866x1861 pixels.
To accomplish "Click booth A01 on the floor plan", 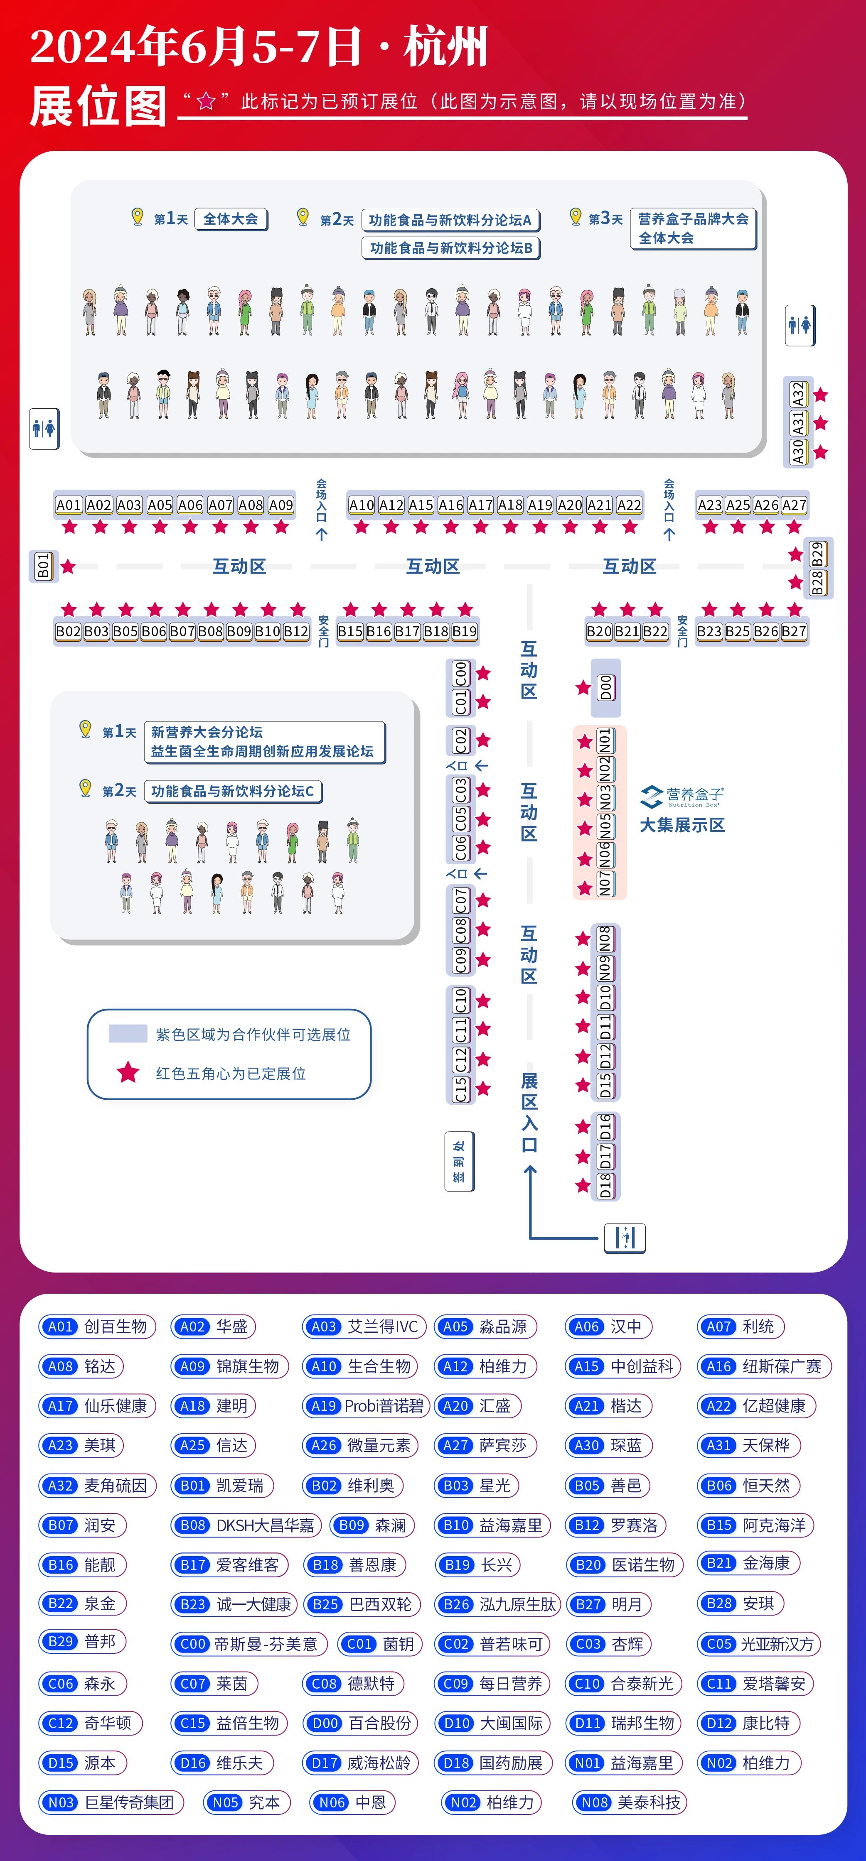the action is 69,505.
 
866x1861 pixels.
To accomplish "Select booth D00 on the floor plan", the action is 606,687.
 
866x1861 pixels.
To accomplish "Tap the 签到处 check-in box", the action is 459,1161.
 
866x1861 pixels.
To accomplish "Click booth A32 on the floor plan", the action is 798,394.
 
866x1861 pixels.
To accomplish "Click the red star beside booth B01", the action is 68,566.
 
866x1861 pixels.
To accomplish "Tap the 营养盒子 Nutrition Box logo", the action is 681,796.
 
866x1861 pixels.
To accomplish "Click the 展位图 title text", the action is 98,106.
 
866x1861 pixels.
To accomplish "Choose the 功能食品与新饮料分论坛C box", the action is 233,791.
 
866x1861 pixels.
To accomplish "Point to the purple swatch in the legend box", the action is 127,1033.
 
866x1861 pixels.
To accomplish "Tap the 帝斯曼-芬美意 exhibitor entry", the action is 248,1644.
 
